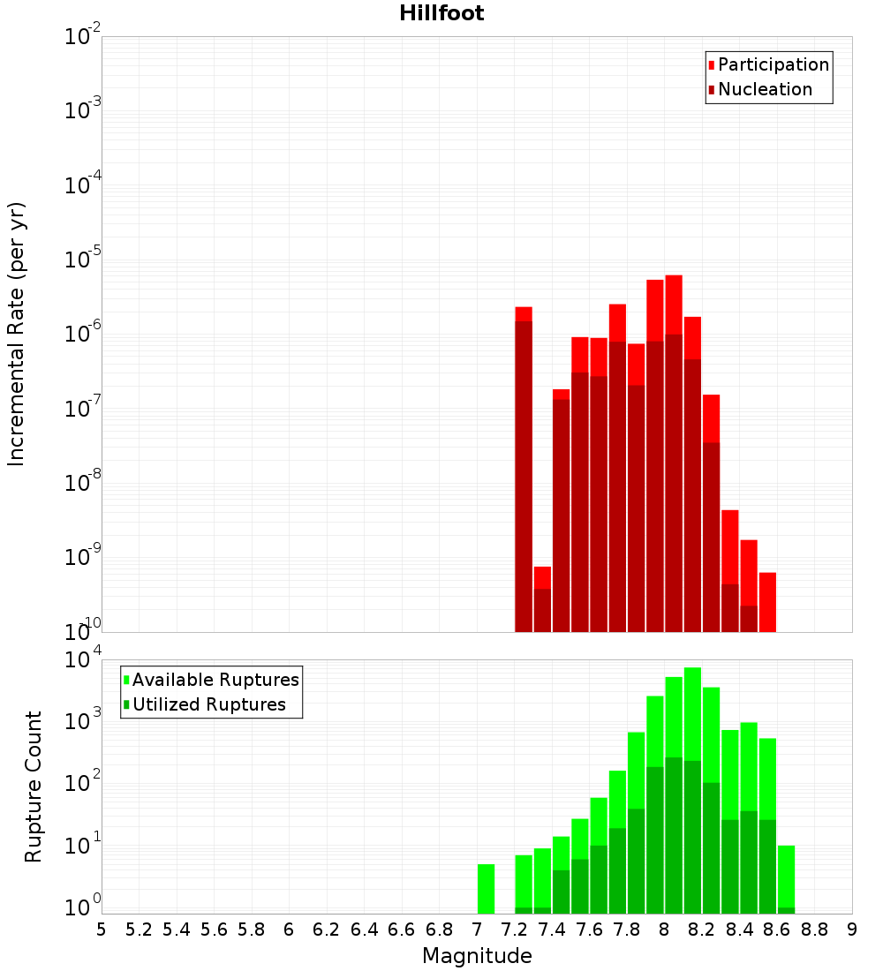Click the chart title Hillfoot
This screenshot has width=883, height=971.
point(441,13)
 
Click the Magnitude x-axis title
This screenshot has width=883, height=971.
point(477,956)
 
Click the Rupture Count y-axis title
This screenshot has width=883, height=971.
point(34,786)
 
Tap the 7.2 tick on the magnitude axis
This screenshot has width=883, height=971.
point(514,929)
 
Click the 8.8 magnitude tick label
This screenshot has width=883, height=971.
point(814,929)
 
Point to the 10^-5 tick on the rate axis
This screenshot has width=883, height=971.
point(83,260)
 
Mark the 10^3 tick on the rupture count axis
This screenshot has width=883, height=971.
point(83,719)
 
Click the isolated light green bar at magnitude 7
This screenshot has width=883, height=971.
point(486,889)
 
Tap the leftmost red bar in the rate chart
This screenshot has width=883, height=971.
point(524,469)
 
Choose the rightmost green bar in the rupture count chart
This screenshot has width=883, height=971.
point(786,879)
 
